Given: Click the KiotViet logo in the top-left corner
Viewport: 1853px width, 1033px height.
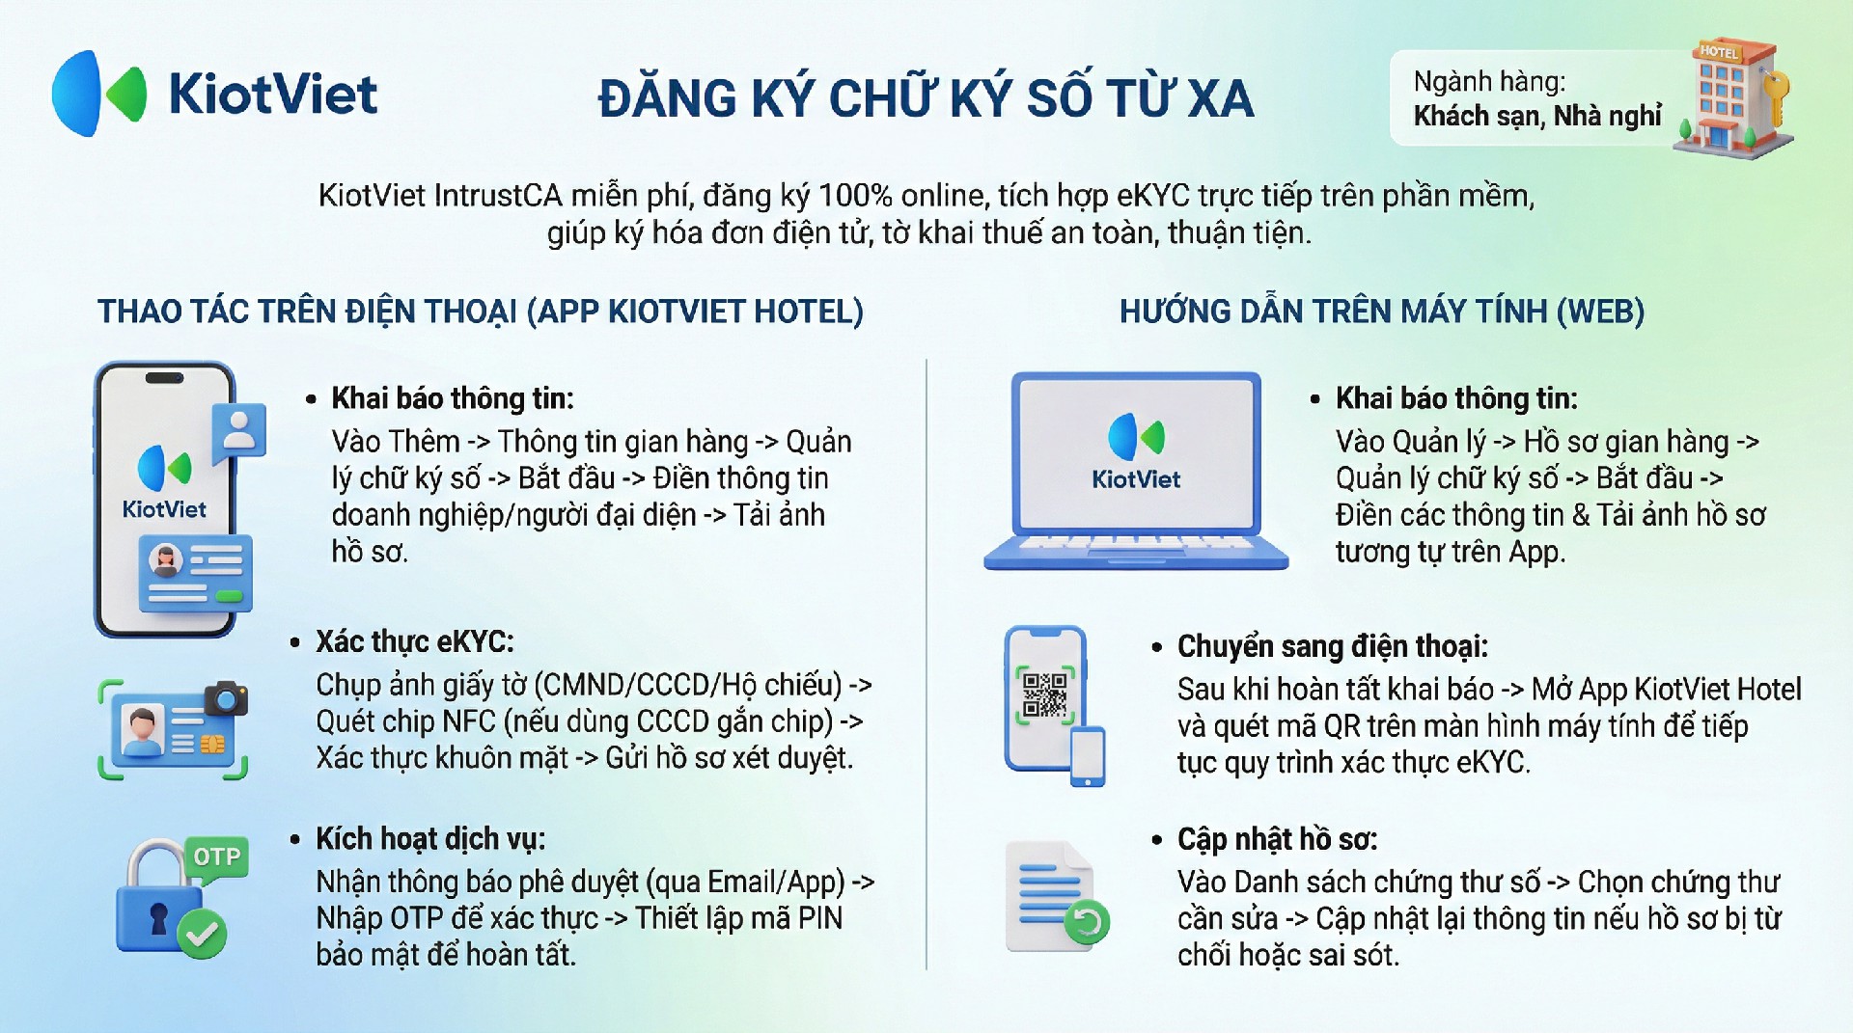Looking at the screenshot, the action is (x=214, y=94).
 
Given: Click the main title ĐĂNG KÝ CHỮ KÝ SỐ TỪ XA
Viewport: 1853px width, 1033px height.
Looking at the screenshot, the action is (x=926, y=98).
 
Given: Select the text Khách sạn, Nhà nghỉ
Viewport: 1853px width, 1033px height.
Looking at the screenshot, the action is (x=1537, y=116).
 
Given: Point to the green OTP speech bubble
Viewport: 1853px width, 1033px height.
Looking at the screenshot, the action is (x=216, y=857).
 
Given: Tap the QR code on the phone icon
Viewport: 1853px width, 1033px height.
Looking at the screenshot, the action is (x=1044, y=694).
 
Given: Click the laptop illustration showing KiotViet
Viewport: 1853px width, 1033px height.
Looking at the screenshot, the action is (x=1136, y=471).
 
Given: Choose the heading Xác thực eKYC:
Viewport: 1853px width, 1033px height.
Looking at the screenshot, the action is (x=415, y=642).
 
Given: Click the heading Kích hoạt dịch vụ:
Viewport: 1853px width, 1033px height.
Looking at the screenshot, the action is (x=430, y=839).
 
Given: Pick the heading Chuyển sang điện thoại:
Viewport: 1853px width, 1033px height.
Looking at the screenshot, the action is (x=1333, y=646).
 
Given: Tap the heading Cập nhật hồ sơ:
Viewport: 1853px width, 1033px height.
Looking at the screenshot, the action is (x=1277, y=839).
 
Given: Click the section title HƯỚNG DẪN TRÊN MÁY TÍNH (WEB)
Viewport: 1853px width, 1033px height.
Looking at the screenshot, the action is (x=1382, y=312).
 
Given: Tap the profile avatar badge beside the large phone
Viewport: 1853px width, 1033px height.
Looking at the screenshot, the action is (x=238, y=429).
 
